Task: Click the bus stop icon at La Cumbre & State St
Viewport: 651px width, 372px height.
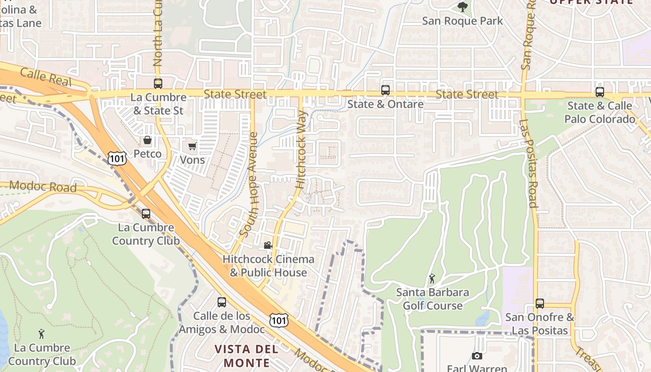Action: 158,84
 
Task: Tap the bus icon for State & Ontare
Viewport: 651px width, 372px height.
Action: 385,90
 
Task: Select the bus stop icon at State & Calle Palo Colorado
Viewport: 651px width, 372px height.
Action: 600,92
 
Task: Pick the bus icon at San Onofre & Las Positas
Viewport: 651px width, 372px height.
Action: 540,304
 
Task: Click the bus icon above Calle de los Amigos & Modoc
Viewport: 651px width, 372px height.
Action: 222,302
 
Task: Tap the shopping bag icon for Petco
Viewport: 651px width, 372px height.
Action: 147,140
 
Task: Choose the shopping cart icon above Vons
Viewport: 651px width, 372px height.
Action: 192,146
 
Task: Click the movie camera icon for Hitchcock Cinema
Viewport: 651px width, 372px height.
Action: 268,245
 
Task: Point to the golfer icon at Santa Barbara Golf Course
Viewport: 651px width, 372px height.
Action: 432,279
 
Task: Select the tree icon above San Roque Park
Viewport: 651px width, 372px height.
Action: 462,7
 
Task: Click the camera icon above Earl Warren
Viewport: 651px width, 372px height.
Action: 477,356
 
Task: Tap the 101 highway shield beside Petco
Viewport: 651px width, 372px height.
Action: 116,158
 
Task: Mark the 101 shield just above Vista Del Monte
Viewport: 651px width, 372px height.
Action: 279,320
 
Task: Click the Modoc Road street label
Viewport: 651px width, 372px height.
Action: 43,186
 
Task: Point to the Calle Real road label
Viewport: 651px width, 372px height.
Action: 46,77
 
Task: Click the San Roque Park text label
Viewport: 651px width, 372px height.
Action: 462,21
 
